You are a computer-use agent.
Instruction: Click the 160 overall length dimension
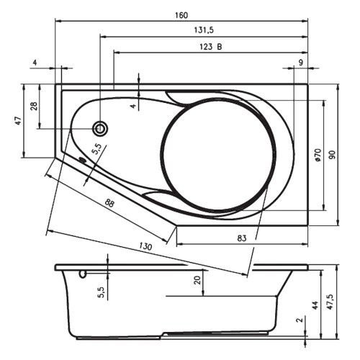click(181, 15)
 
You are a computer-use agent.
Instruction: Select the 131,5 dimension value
click(204, 30)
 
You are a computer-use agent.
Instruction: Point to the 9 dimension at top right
click(301, 63)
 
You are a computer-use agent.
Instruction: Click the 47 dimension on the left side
click(19, 120)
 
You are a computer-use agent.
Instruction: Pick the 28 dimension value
click(34, 106)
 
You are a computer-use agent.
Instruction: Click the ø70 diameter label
click(318, 156)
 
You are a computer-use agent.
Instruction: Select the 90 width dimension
click(332, 155)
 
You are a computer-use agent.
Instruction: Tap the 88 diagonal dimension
click(109, 204)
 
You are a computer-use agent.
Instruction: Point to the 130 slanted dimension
click(145, 246)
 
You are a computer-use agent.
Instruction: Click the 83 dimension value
click(242, 238)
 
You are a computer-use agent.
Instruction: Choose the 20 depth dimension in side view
click(197, 280)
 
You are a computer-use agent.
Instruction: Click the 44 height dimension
click(315, 305)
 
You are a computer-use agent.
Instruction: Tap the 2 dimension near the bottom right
click(299, 320)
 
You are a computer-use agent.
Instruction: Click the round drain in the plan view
click(100, 129)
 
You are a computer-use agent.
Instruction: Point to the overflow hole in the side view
click(83, 274)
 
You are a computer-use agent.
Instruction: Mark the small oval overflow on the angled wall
click(83, 159)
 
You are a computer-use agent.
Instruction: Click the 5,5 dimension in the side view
click(102, 292)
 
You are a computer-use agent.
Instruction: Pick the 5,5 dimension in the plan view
click(96, 149)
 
